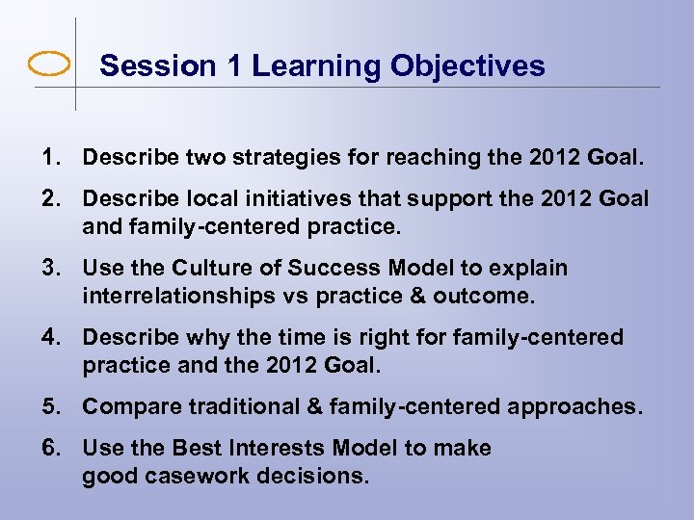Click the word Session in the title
coord(145,65)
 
